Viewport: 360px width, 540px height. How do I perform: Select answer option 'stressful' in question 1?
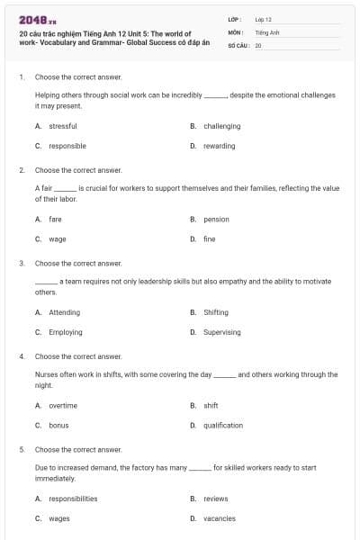pos(62,126)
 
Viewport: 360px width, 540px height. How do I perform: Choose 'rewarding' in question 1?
pos(219,146)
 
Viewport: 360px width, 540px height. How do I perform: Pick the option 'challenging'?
pos(221,126)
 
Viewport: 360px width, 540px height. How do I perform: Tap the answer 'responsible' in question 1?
pos(67,146)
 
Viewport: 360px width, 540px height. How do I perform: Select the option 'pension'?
pos(216,219)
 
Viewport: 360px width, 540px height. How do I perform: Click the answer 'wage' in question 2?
pos(57,238)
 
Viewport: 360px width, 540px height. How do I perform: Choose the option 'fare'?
pos(55,219)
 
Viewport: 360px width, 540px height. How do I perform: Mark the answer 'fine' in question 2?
pos(209,238)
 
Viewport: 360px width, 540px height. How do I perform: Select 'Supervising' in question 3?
pos(221,332)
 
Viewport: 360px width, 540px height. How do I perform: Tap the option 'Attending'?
pos(64,312)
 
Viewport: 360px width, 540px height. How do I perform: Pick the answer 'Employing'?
pos(65,332)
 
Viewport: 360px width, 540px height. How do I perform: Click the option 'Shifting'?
pos(216,312)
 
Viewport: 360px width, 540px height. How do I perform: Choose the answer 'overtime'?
pos(63,405)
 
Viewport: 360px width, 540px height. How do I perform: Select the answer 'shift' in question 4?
pos(211,405)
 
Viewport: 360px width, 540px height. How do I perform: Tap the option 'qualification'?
pos(223,425)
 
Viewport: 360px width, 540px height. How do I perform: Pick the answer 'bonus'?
pos(58,425)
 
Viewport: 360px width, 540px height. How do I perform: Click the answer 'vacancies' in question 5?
pos(219,518)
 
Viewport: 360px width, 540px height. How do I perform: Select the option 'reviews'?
pos(216,499)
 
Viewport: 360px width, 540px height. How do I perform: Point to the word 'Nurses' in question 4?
pos(46,374)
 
